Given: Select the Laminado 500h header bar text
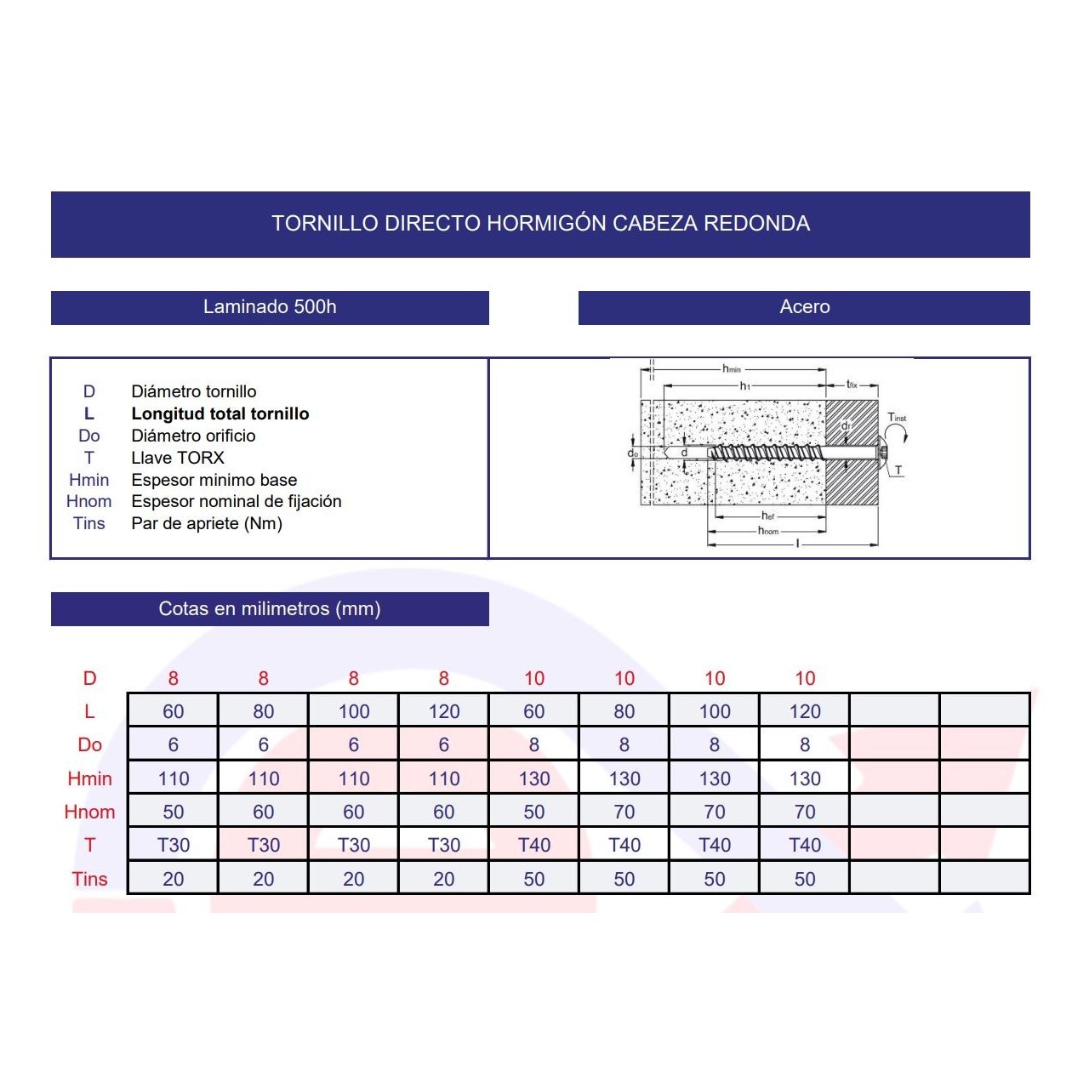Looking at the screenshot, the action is point(270,307).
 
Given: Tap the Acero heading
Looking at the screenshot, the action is point(805,307).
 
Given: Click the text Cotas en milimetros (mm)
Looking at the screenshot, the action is point(270,608).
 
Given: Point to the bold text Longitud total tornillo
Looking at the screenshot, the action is point(220,413).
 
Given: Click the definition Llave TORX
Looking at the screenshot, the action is point(178,458).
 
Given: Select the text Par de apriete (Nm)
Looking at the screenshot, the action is point(207,524).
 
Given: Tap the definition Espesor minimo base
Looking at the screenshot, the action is point(214,480).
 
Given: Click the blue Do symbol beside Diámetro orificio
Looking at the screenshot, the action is point(89,436).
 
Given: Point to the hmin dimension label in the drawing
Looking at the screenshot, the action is point(732,369).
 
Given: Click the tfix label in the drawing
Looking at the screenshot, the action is point(852,385).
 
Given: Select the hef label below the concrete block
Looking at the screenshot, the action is point(768,516).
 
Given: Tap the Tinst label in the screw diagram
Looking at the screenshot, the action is point(897,417).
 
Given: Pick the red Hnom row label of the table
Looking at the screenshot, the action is point(89,812).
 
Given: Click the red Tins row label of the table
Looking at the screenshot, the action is point(89,880).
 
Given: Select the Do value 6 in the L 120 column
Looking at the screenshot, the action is point(443,744).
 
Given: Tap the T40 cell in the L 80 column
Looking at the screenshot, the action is point(624,846).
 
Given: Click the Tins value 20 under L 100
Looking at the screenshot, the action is point(354,880).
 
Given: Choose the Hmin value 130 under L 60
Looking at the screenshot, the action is point(534,778).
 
